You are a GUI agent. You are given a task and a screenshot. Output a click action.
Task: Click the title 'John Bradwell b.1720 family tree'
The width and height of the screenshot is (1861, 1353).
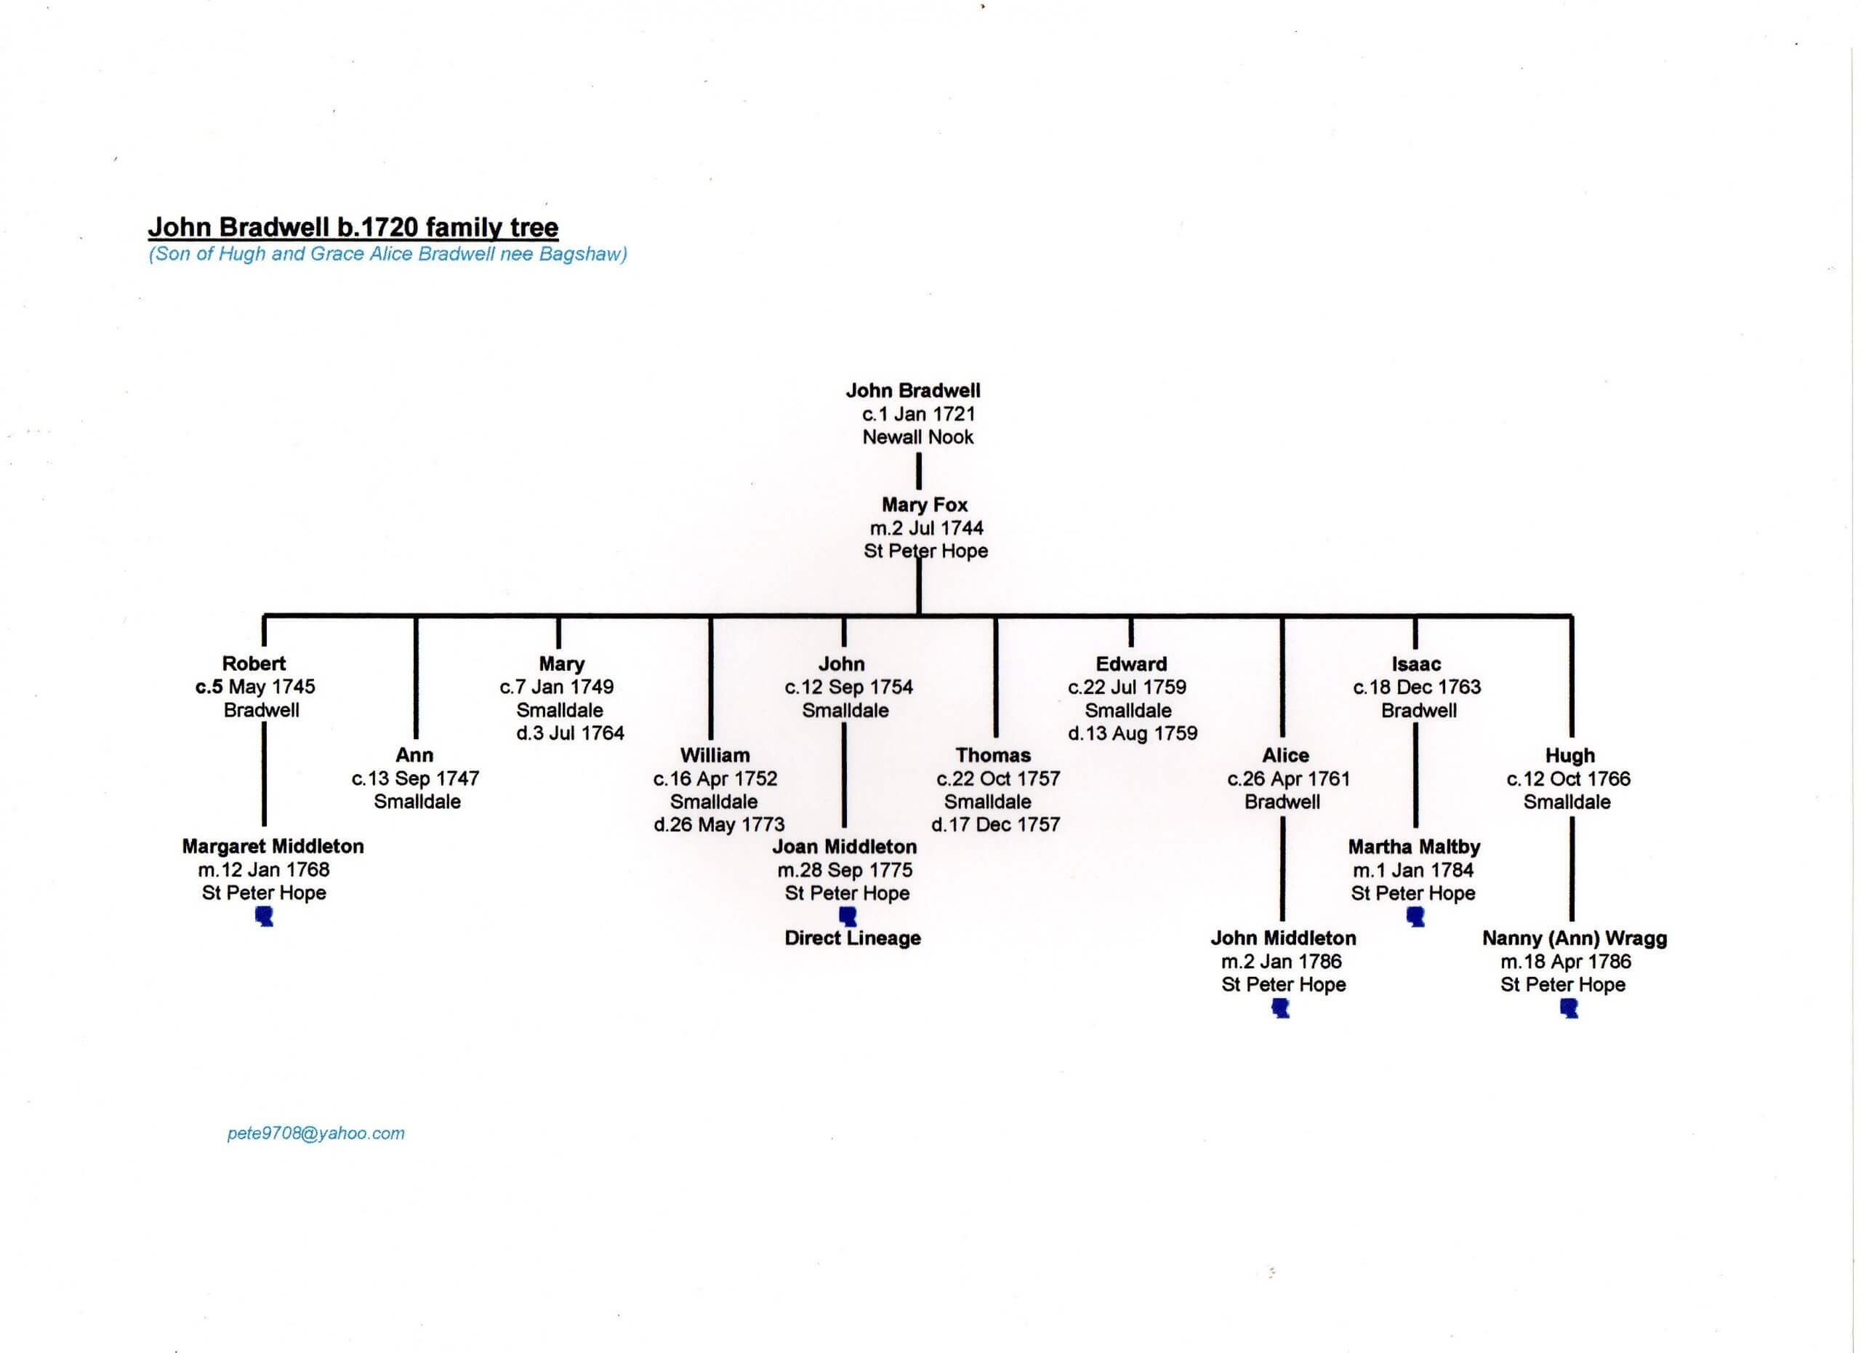(353, 228)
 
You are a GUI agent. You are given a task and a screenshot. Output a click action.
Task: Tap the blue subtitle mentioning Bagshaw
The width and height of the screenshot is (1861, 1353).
(388, 255)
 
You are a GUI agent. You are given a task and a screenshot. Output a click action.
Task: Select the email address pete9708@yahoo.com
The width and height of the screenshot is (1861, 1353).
(316, 1133)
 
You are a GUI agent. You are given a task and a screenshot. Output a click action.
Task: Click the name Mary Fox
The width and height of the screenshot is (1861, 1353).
(925, 505)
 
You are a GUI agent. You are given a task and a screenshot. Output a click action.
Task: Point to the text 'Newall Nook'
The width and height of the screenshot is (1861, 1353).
(917, 436)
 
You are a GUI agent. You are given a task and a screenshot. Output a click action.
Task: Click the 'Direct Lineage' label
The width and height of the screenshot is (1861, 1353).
(853, 938)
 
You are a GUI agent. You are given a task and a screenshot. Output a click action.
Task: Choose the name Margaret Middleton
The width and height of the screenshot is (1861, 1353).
(273, 847)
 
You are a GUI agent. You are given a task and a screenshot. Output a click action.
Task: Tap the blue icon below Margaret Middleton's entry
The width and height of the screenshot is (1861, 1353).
(264, 917)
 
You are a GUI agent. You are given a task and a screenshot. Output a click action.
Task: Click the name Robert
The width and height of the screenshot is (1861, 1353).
(254, 663)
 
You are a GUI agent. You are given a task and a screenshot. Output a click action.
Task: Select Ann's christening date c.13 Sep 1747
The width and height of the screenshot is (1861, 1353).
(415, 778)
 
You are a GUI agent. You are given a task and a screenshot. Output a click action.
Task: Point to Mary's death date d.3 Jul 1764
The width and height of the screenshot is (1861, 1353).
(570, 733)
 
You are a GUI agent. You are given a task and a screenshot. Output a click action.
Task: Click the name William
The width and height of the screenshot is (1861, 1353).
(715, 755)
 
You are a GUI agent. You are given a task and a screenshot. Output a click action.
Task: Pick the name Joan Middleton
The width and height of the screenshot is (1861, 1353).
(844, 847)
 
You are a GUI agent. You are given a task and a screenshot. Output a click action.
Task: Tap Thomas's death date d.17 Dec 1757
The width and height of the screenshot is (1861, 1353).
(995, 824)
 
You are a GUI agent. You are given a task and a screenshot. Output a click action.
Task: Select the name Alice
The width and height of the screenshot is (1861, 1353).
(1285, 755)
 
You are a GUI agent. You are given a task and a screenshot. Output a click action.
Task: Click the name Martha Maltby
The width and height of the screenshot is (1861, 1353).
(1414, 847)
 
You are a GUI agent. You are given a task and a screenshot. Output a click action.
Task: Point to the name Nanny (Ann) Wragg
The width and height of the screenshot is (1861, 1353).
(1574, 938)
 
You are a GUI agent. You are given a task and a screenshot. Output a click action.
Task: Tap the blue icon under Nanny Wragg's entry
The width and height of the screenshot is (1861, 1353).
(1569, 1008)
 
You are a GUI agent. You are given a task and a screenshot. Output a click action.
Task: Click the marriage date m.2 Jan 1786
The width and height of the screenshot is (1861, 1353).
(1281, 962)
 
